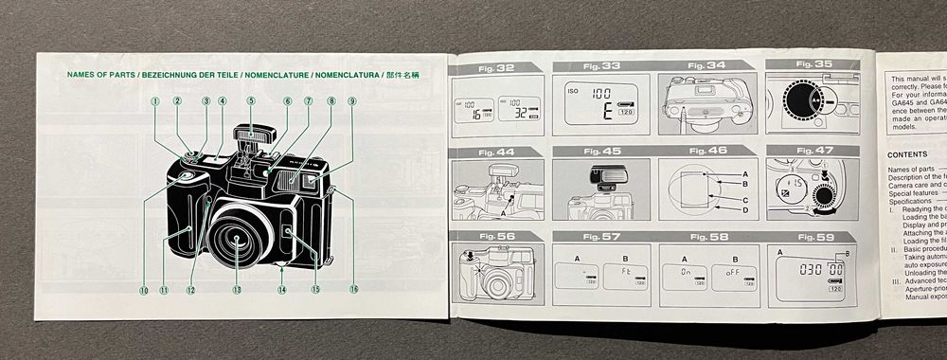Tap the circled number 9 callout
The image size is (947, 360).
(x=352, y=100)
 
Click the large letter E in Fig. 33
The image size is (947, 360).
(x=599, y=112)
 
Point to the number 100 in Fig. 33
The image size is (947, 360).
(x=600, y=94)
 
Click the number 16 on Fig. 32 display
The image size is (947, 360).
(x=478, y=115)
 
